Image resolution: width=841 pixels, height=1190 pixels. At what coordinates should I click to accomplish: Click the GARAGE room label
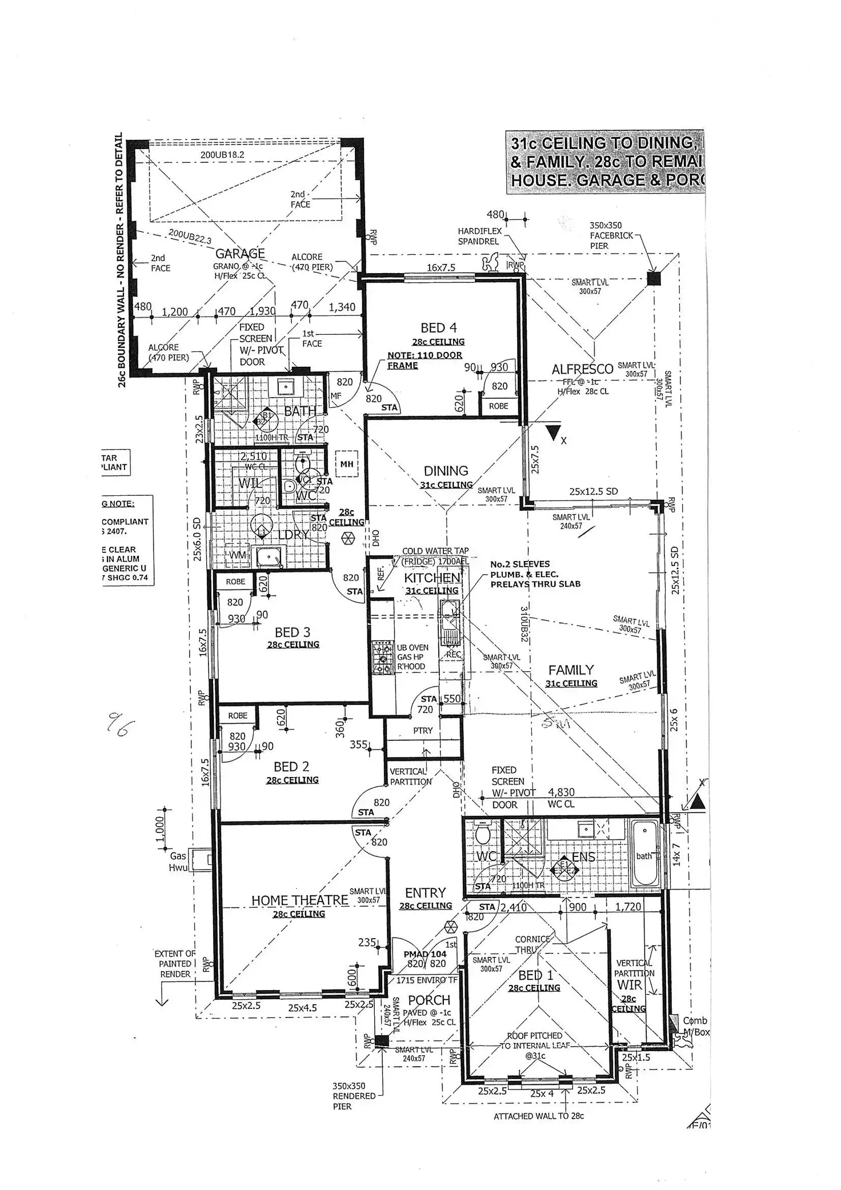[x=240, y=253]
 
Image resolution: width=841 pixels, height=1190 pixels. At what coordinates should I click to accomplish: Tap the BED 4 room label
[x=438, y=328]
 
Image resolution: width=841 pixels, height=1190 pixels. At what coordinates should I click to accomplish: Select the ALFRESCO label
[x=582, y=369]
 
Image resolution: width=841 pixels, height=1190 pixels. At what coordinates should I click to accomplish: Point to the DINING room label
[x=446, y=471]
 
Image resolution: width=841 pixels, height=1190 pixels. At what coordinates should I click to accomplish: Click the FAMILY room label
[x=571, y=670]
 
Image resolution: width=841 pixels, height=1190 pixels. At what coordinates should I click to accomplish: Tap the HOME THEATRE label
[x=299, y=900]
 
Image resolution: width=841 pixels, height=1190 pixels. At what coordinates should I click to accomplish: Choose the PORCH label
[x=429, y=1000]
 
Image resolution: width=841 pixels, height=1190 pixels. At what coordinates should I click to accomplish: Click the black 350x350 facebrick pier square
[x=654, y=279]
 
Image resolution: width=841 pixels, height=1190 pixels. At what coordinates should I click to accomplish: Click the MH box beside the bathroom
[x=346, y=464]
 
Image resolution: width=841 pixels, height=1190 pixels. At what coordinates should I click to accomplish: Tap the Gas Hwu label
[x=178, y=862]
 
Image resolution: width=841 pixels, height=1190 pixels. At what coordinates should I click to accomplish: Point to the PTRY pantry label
[x=423, y=731]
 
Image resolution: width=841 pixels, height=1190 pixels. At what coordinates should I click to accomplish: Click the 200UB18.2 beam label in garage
[x=222, y=155]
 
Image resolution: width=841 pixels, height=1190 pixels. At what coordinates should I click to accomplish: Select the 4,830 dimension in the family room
[x=561, y=792]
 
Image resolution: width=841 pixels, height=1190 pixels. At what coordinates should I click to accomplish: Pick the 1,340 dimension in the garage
[x=342, y=307]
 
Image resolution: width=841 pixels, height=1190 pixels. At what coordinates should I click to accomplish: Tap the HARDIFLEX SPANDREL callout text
[x=479, y=236]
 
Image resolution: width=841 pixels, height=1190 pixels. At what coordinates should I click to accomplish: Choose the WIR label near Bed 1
[x=629, y=984]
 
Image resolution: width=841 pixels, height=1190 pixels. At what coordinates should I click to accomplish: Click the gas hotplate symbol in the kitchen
[x=379, y=658]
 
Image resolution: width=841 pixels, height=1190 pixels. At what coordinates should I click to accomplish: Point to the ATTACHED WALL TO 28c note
[x=538, y=1116]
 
